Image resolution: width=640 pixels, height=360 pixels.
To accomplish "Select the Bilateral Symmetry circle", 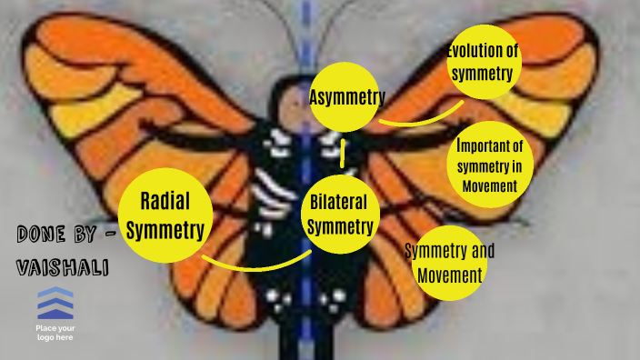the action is (340, 214).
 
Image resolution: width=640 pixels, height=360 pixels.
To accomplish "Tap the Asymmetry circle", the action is (346, 97).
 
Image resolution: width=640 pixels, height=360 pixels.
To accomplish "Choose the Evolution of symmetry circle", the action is (484, 63).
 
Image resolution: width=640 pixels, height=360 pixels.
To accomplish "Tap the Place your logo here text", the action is (55, 332).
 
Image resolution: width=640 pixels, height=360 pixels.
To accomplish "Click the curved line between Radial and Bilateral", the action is (256, 265).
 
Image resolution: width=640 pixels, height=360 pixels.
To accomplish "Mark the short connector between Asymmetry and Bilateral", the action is (343, 153).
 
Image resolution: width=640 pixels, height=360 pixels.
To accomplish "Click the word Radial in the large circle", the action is (165, 200).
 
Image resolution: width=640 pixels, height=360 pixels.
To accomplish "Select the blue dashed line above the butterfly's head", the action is (306, 27).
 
